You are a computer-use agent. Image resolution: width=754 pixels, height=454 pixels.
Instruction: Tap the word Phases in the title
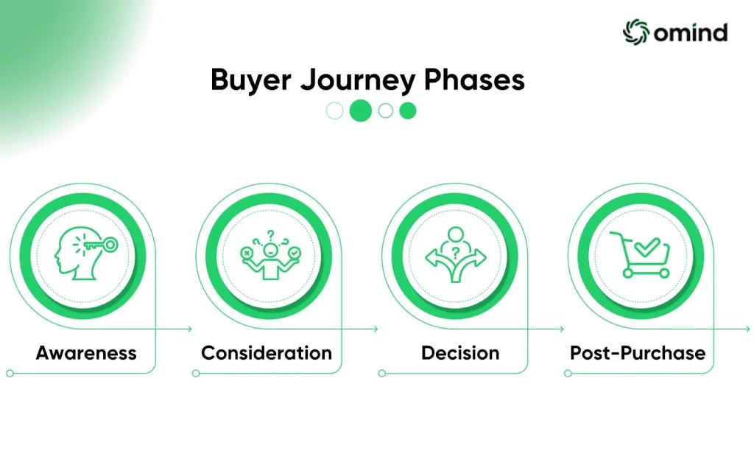pyautogui.click(x=483, y=80)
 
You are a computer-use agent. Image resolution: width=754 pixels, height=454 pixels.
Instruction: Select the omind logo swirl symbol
pyautogui.click(x=635, y=32)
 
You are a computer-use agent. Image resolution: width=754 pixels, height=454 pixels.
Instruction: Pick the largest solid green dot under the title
pyautogui.click(x=360, y=111)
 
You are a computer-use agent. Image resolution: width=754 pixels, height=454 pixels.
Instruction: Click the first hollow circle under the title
pyautogui.click(x=334, y=111)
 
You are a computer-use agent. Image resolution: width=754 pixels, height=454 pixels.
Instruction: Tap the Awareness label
pyautogui.click(x=86, y=352)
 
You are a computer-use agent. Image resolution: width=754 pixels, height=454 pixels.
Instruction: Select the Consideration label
pyautogui.click(x=267, y=352)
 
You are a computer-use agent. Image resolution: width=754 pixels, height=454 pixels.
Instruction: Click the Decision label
pyautogui.click(x=460, y=352)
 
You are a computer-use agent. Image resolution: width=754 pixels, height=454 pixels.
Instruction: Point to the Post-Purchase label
pyautogui.click(x=638, y=352)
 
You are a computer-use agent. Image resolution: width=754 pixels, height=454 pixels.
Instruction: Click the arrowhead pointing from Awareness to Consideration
pyautogui.click(x=190, y=329)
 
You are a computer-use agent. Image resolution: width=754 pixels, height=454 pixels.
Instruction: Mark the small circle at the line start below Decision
pyautogui.click(x=381, y=374)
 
